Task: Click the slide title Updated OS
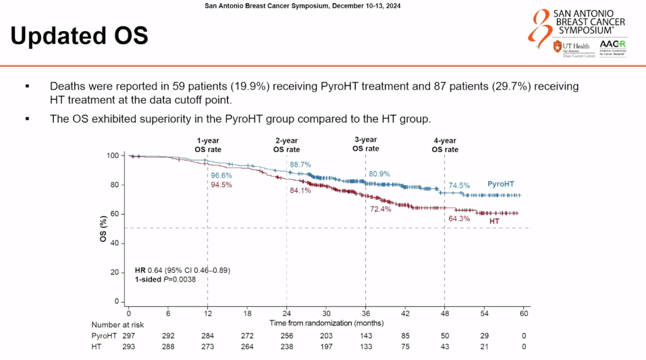[79, 36]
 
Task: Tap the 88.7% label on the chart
[301, 164]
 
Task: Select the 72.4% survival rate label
[380, 209]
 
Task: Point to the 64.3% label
[459, 219]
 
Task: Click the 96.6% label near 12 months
[221, 176]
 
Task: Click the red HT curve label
[495, 221]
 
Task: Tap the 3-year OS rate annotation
[365, 144]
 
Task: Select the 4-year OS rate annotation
[445, 145]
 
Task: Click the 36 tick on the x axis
[365, 313]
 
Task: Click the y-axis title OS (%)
[103, 228]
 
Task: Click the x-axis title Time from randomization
[327, 323]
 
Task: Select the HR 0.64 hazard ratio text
[182, 270]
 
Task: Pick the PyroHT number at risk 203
[326, 336]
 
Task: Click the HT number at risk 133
[365, 347]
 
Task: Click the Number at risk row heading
[117, 325]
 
